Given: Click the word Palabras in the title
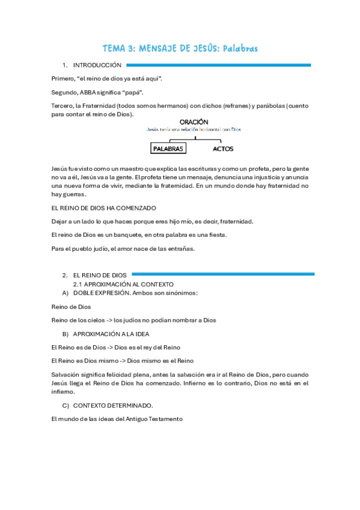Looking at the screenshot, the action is (x=240, y=48).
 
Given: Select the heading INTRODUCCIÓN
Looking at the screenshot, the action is (x=97, y=65).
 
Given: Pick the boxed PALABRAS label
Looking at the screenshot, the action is (x=168, y=149).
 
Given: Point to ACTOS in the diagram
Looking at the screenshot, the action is (x=223, y=149).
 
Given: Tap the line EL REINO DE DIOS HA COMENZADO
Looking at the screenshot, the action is (x=104, y=208).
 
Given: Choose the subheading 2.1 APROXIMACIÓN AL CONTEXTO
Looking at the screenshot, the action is (x=123, y=284).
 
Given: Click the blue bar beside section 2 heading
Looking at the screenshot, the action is (x=222, y=274).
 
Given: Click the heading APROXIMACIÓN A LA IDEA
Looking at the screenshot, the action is (x=111, y=334).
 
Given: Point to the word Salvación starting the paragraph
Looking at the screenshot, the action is (x=64, y=374).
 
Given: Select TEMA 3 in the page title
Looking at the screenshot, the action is (x=120, y=48).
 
